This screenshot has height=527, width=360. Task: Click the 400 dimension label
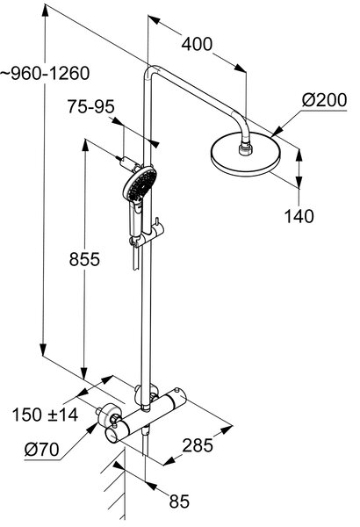(x=197, y=44)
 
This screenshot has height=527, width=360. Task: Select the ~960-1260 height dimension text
(x=45, y=73)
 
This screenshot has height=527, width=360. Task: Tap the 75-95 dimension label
(x=90, y=106)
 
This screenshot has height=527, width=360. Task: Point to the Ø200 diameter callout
(x=324, y=100)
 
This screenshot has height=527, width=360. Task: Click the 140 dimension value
(x=299, y=216)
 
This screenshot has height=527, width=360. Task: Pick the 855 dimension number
(x=84, y=259)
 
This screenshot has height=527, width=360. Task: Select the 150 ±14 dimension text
(x=45, y=415)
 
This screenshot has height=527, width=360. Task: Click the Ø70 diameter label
(x=41, y=449)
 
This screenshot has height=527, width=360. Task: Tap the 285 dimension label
(x=198, y=445)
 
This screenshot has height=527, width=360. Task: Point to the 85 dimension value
(x=179, y=502)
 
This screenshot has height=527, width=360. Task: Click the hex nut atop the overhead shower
(x=245, y=149)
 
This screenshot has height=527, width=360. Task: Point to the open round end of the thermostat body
(x=112, y=436)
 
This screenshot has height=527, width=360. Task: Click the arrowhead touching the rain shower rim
(x=277, y=132)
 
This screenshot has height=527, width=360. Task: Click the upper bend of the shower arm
(x=152, y=70)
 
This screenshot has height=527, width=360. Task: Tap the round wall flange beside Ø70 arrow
(x=111, y=414)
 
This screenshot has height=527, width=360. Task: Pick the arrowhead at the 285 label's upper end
(x=226, y=430)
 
